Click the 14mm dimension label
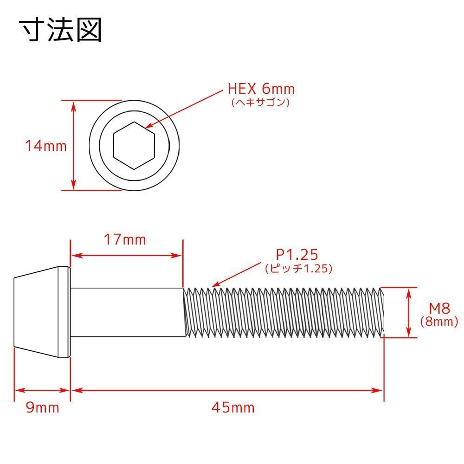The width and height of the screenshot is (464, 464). [46, 146]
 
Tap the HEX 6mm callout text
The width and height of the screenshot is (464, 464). [261, 89]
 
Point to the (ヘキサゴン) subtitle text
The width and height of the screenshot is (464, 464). [260, 102]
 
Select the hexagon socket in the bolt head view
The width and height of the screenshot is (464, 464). [134, 146]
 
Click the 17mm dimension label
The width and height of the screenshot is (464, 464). [125, 240]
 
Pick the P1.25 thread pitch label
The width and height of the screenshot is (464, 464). [297, 254]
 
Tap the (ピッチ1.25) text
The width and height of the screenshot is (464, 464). [299, 268]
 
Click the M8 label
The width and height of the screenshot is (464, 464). [439, 309]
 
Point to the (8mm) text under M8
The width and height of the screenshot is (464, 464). [439, 322]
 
